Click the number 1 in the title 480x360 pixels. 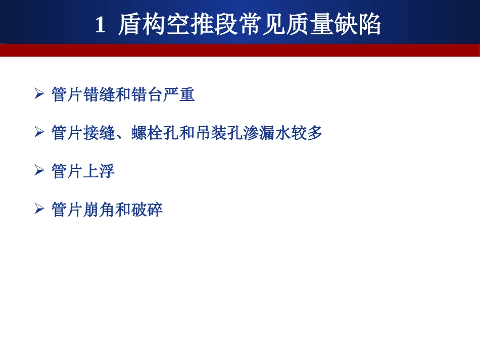(x=100, y=25)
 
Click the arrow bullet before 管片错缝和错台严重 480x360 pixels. (x=39, y=94)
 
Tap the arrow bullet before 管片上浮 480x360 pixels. (x=39, y=171)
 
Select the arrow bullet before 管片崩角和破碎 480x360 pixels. (x=39, y=209)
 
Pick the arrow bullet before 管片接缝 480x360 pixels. (x=39, y=132)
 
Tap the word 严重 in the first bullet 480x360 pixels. (x=179, y=94)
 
